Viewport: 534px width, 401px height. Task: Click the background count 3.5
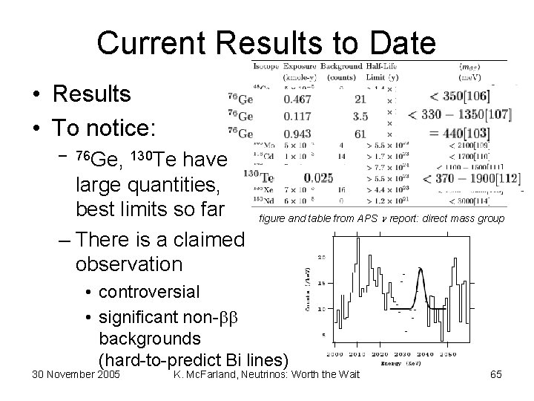click(x=361, y=117)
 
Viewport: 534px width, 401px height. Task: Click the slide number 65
click(x=495, y=375)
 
